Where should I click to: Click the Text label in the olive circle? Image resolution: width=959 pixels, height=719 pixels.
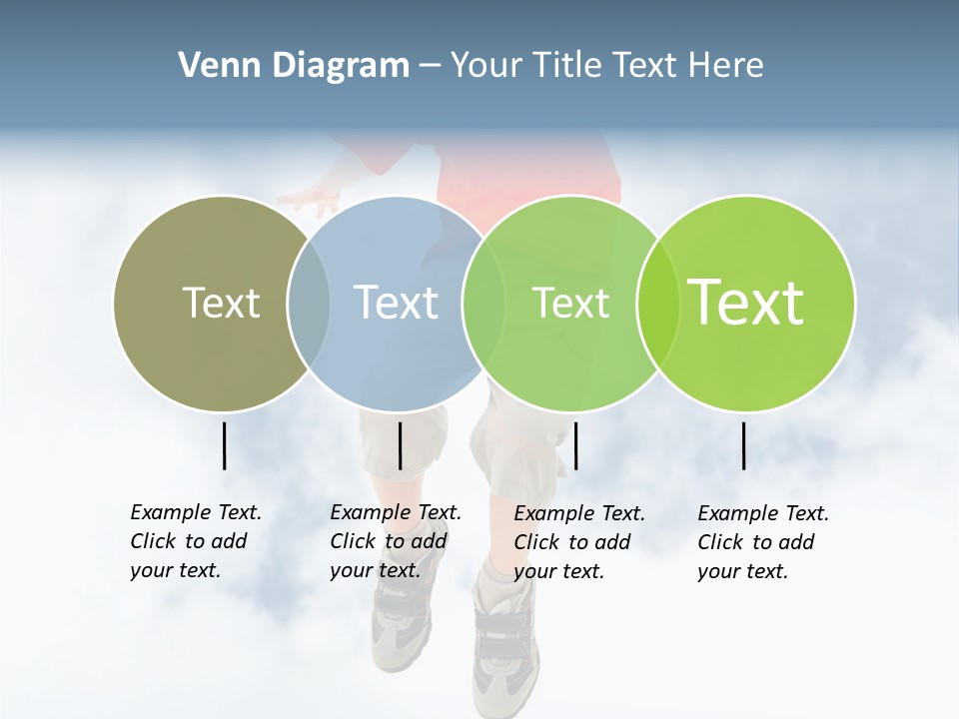coord(221,303)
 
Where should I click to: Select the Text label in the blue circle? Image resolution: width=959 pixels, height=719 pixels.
coord(396,303)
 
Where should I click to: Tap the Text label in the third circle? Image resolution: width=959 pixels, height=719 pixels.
coord(570,303)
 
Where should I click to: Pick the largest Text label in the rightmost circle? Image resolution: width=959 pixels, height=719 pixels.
coord(746,303)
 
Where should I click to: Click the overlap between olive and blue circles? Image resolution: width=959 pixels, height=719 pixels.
coord(309,303)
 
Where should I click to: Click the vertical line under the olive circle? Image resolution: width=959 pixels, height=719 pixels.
coord(224,445)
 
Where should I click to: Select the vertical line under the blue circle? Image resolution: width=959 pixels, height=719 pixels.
coord(400,445)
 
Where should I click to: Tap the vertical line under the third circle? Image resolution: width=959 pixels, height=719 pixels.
coord(575,445)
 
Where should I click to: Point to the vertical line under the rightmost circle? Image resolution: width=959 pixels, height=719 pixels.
coord(743,445)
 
